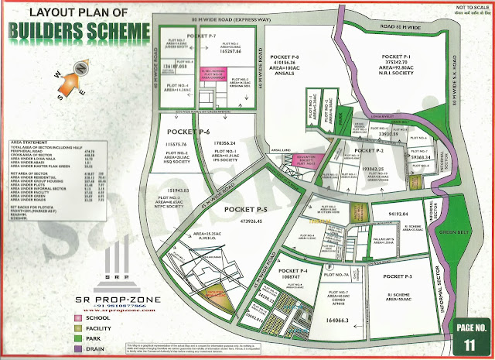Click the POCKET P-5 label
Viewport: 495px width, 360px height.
pos(244,209)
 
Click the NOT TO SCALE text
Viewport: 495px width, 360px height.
pos(463,7)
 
